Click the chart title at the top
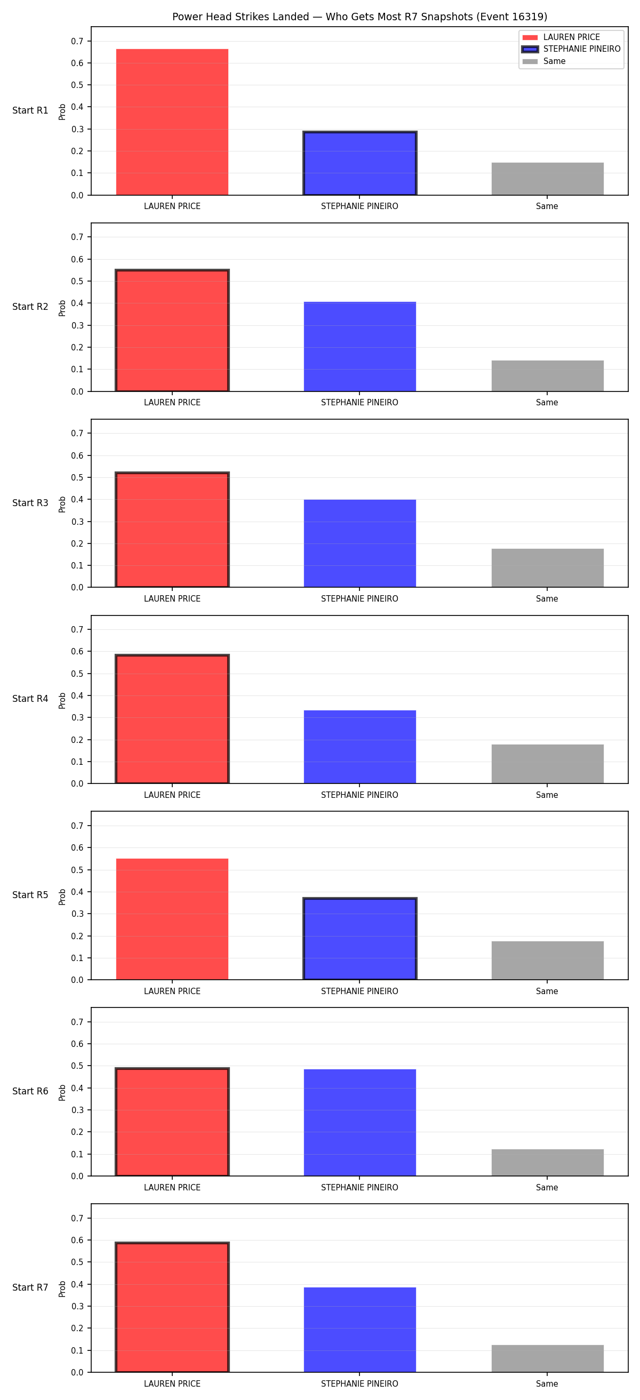point(359,17)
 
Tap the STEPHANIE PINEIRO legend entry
point(571,49)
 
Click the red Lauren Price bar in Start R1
point(172,122)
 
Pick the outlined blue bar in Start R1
point(359,163)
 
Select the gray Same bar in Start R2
point(547,375)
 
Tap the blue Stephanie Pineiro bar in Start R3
point(359,543)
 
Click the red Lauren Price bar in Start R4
point(172,719)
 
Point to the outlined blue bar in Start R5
point(359,939)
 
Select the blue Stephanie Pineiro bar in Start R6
point(359,1123)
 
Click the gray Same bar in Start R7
point(547,1359)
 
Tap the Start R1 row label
point(30,110)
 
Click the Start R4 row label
point(30,699)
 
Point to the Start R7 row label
point(30,1287)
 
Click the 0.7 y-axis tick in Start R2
point(77,237)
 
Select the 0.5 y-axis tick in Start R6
point(77,1066)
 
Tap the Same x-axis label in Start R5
point(547,991)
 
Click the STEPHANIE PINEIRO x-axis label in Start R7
point(359,1383)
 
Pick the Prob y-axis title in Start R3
point(62,504)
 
